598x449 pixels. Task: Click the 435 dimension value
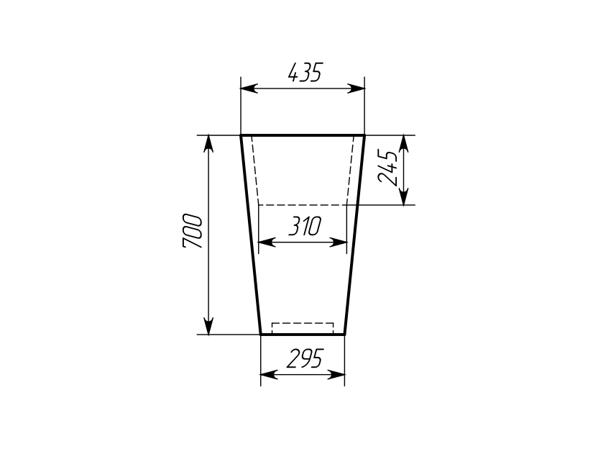pyautogui.click(x=305, y=72)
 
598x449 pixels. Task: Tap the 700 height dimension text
pyautogui.click(x=192, y=232)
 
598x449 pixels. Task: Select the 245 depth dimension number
pyautogui.click(x=387, y=168)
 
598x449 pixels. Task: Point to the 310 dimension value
pyautogui.click(x=305, y=226)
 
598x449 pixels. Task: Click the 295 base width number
pyautogui.click(x=305, y=358)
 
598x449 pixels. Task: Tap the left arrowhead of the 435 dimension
pyautogui.click(x=249, y=89)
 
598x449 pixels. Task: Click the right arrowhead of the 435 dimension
pyautogui.click(x=356, y=89)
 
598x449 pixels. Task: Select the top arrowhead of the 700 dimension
pyautogui.click(x=208, y=144)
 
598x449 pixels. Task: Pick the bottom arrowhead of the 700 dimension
pyautogui.click(x=208, y=326)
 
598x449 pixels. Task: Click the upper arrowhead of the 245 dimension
pyautogui.click(x=404, y=144)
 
